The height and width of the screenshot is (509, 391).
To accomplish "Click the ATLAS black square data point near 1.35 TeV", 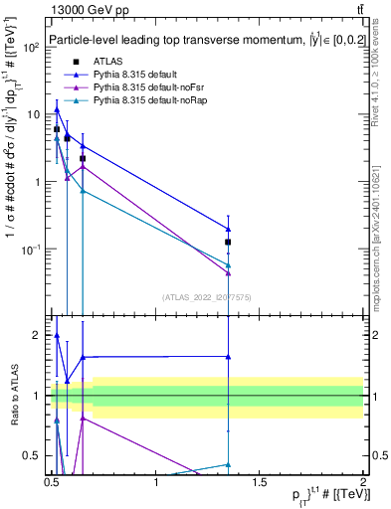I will click(229, 242).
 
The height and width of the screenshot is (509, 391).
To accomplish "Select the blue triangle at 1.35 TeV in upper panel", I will click(229, 229).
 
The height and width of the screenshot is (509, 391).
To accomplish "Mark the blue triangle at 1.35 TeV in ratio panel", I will click(229, 356).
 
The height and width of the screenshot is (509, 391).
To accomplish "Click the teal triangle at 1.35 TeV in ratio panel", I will click(229, 464).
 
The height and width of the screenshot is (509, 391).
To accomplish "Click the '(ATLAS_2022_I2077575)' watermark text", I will click(207, 296).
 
